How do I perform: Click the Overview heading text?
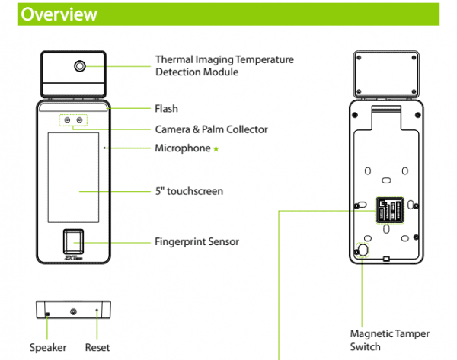point(58,14)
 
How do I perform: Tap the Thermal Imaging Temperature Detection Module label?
point(224,65)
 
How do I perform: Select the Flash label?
point(166,109)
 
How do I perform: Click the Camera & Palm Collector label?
point(211,129)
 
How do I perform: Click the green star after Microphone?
point(216,149)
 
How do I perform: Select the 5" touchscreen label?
point(189,191)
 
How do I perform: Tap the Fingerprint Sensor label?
point(197,241)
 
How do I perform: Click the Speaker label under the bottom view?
point(48,347)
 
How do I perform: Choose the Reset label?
point(97,347)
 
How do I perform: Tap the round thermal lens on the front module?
point(79,66)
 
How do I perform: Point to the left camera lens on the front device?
point(66,120)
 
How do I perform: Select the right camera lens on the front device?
point(78,120)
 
